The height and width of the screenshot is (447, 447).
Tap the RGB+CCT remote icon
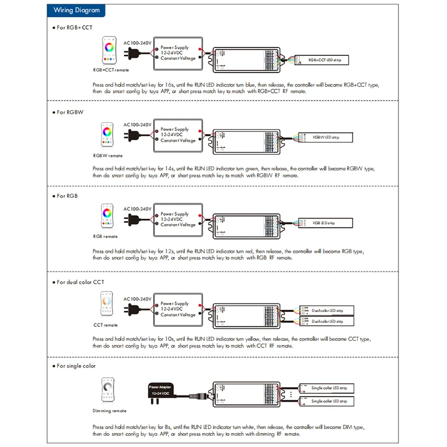[x=109, y=52]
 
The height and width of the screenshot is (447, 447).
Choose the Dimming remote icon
[x=107, y=392]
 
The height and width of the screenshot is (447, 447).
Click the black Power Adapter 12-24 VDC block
[x=161, y=391]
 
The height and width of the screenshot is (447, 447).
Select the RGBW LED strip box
[x=325, y=137]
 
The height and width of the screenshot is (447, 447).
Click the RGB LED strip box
[x=325, y=223]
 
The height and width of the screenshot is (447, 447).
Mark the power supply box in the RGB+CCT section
[x=178, y=53]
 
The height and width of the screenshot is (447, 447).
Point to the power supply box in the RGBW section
[x=178, y=135]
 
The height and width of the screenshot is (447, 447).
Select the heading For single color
[x=76, y=366]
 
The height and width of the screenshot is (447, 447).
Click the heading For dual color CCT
[x=80, y=282]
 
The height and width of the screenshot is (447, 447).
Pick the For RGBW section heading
[x=70, y=112]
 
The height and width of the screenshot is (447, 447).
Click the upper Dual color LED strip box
[x=327, y=310]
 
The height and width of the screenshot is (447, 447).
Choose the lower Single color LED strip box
[x=327, y=401]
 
